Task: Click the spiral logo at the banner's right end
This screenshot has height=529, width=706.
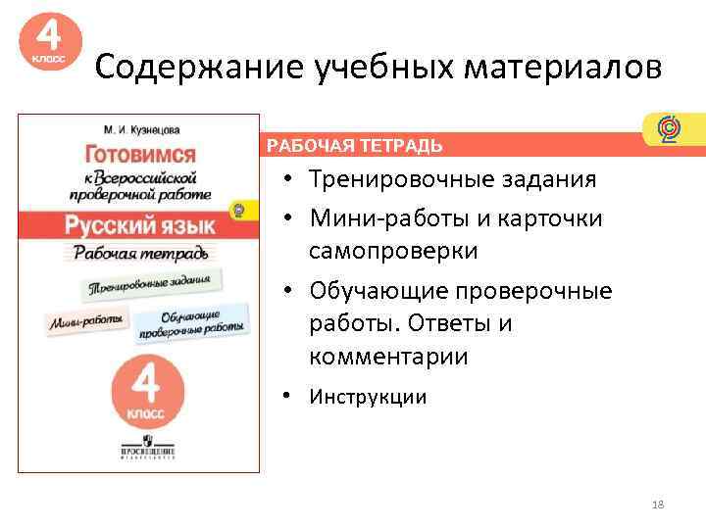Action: (669, 128)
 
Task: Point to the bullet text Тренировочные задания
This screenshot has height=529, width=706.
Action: (452, 180)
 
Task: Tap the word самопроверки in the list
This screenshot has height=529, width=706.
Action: (393, 251)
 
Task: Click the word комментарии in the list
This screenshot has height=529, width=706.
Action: (388, 358)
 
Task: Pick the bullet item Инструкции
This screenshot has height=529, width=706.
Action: (368, 397)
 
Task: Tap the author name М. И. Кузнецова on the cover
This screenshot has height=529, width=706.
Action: (142, 128)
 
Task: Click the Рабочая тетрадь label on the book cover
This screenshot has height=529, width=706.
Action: (140, 253)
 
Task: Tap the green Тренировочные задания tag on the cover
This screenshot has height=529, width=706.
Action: (150, 285)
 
